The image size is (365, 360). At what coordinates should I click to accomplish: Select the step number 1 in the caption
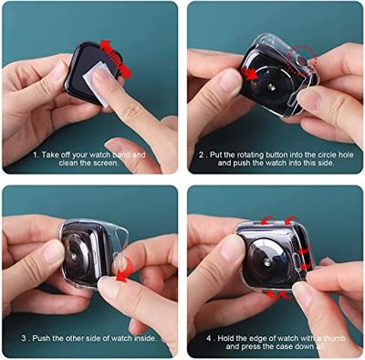[36, 154]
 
